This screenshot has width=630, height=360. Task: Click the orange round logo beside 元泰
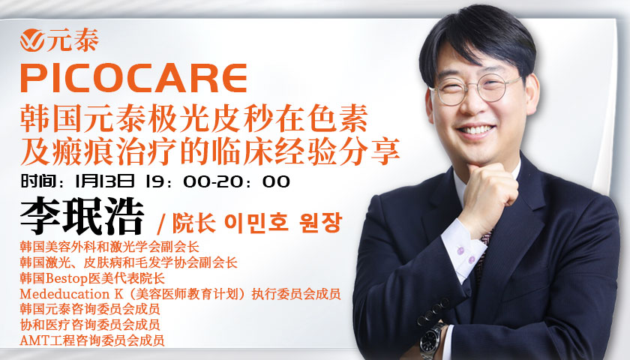(x=32, y=40)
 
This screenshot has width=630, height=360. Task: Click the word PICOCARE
(x=133, y=78)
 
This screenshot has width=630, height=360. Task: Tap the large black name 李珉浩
(x=82, y=215)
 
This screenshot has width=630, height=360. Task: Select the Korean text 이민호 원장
(x=283, y=223)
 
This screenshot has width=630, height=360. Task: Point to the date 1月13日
(x=104, y=181)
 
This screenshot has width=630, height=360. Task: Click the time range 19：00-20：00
(x=217, y=181)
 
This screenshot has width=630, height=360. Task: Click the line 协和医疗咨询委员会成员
(x=90, y=325)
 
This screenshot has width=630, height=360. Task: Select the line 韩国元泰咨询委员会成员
(x=90, y=309)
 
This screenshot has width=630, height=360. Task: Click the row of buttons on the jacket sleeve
(x=433, y=311)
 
